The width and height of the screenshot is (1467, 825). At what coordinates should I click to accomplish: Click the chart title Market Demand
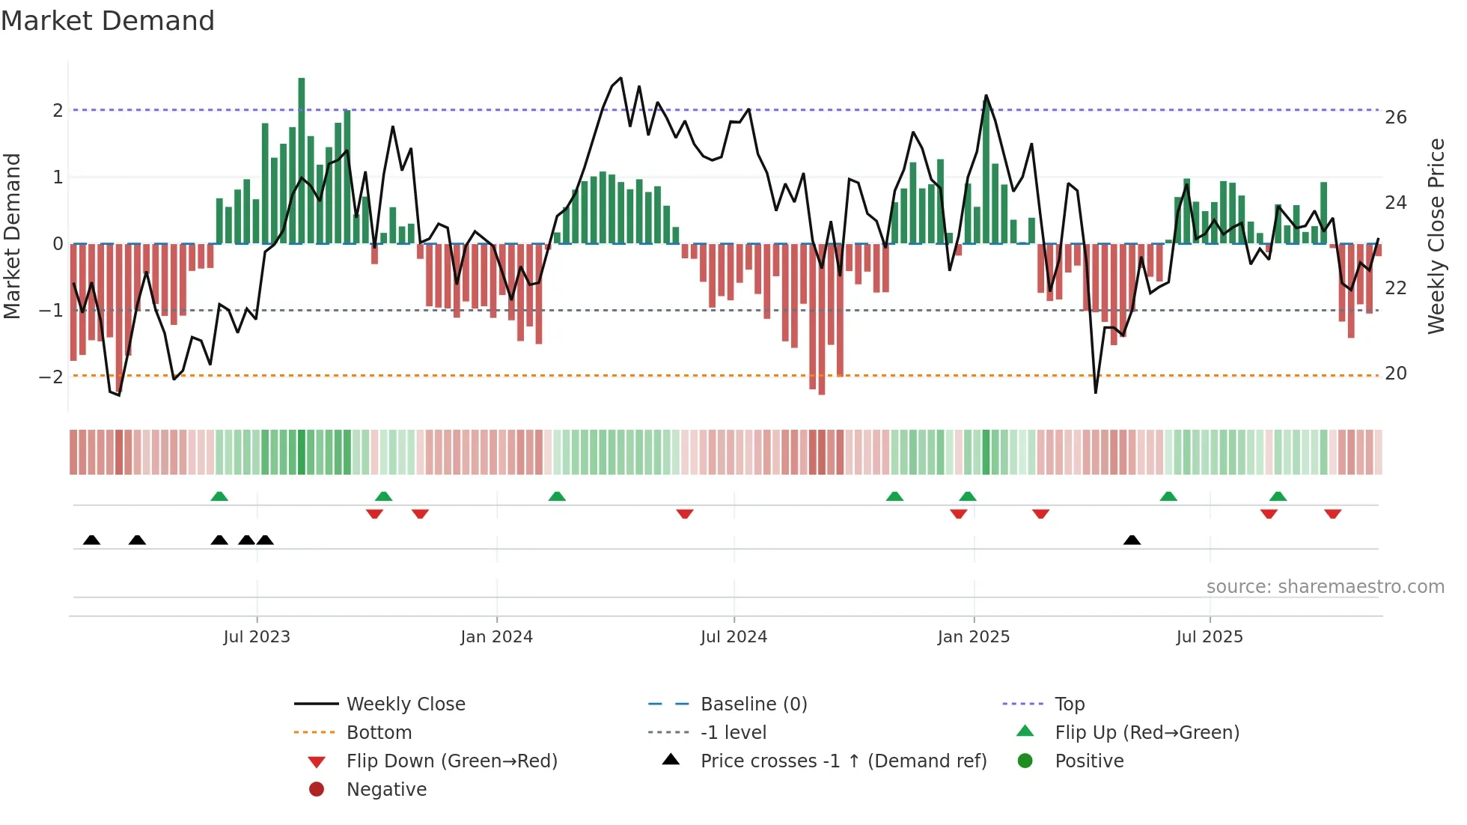[108, 21]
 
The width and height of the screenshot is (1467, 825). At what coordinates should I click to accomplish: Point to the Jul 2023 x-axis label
[257, 637]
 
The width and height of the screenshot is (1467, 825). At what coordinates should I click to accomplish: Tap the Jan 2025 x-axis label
[973, 637]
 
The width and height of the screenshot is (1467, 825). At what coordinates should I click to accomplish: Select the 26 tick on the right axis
[1395, 118]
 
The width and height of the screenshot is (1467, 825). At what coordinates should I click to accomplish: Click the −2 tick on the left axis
[52, 377]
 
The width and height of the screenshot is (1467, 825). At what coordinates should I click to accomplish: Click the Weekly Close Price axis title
[1436, 236]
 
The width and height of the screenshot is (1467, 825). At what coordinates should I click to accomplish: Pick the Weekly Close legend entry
[405, 704]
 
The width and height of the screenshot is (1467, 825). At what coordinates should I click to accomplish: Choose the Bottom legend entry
[379, 733]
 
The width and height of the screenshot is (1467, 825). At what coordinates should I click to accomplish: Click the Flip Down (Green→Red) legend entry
[451, 761]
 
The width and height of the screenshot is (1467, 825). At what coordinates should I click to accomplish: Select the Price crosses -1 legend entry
[843, 761]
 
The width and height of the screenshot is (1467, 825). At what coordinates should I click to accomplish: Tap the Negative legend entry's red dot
[317, 790]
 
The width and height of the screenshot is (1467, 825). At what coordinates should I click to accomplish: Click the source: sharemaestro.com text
[1325, 587]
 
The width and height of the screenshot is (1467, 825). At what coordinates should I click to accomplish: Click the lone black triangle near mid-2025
[1132, 541]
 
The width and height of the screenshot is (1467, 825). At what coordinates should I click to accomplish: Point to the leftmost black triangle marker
[91, 541]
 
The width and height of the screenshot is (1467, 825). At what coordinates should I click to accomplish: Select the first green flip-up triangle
[219, 496]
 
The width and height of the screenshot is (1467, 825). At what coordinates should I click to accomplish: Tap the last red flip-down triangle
[1332, 514]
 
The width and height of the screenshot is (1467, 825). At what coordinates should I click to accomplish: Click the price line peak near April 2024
[620, 78]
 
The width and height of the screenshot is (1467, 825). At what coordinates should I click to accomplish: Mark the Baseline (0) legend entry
[753, 704]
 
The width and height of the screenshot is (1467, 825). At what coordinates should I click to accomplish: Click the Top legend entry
[1069, 704]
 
